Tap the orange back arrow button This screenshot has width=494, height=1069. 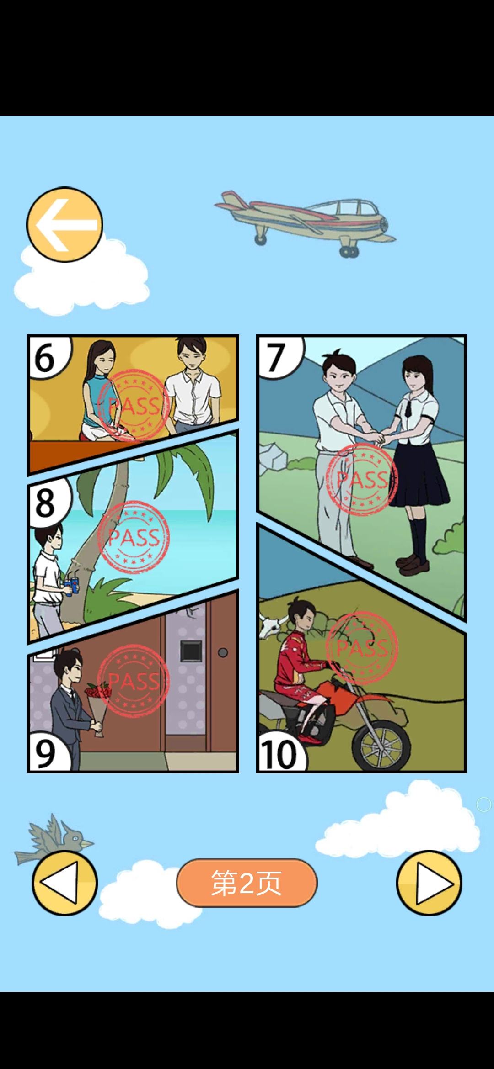pyautogui.click(x=64, y=224)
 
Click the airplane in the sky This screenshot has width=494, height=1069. pyautogui.click(x=305, y=223)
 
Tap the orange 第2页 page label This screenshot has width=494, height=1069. pyautogui.click(x=247, y=883)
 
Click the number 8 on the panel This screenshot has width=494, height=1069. pyautogui.click(x=45, y=503)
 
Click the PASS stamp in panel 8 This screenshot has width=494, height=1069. pyautogui.click(x=134, y=537)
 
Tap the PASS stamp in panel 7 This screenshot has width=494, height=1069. pyautogui.click(x=362, y=480)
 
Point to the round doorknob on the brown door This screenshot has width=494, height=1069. pyautogui.click(x=223, y=652)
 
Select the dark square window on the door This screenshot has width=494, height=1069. pyautogui.click(x=191, y=651)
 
